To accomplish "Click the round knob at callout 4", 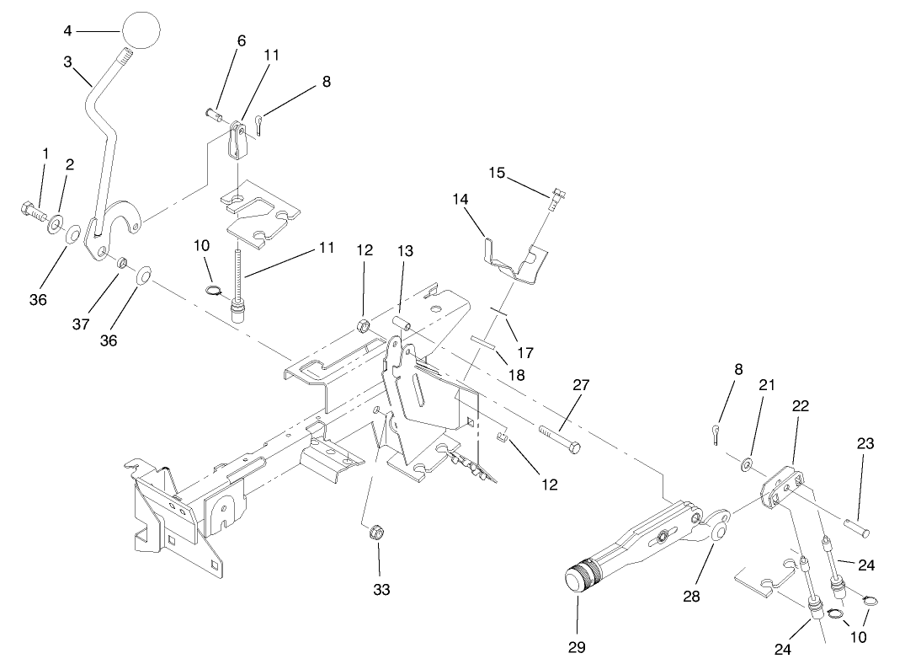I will [x=141, y=31].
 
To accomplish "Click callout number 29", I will [x=578, y=647].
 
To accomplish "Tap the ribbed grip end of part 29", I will [x=580, y=579].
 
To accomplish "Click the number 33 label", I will [x=381, y=590].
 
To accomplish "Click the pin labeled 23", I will [x=857, y=529].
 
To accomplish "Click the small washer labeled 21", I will [x=747, y=463].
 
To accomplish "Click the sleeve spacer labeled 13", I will [x=401, y=324].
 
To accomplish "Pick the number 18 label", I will [x=516, y=374].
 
